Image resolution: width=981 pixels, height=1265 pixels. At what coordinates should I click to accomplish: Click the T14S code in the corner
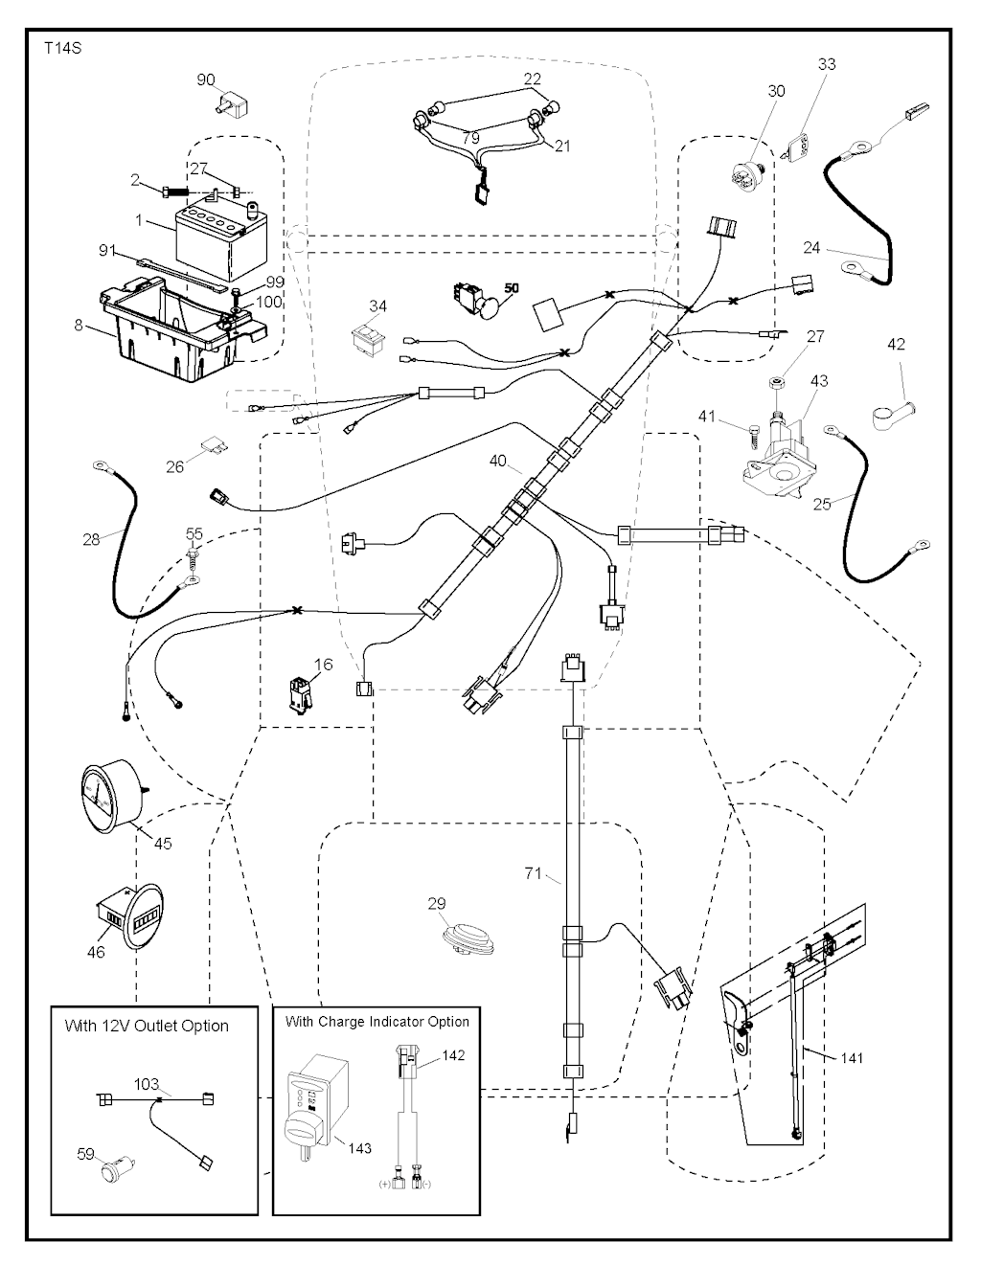tap(62, 46)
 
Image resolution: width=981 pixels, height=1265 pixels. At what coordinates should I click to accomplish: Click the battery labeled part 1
tap(216, 230)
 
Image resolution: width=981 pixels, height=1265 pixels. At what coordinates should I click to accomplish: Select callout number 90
tap(206, 80)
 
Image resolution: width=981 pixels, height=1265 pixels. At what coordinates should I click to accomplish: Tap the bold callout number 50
tap(511, 288)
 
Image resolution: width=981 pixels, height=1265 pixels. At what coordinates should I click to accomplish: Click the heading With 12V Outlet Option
tap(147, 1026)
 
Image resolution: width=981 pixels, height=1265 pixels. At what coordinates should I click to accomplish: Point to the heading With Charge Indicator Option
tap(377, 1022)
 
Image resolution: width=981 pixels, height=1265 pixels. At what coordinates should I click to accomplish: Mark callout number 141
tap(851, 1057)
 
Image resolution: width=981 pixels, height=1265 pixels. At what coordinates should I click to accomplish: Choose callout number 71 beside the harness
tap(534, 872)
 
